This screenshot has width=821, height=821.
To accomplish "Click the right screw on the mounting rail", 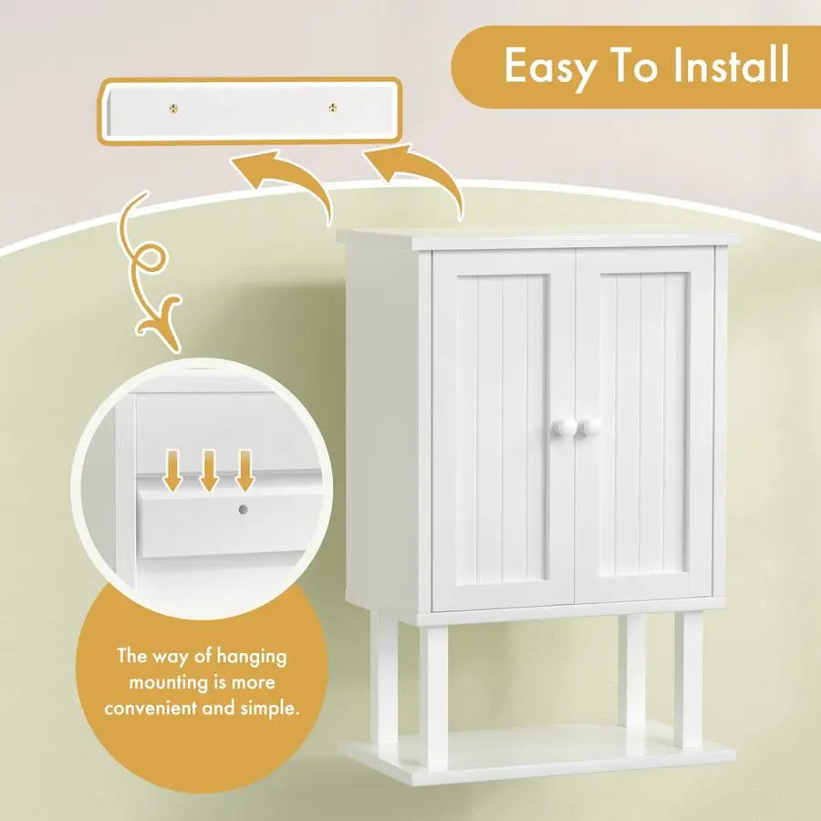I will click(332, 108).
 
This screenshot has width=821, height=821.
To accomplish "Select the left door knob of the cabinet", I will click(561, 427).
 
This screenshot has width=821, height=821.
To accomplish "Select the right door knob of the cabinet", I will click(590, 427).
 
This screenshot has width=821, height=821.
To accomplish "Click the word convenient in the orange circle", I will click(153, 708).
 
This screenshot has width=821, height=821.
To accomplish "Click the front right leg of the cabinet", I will click(690, 680).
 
